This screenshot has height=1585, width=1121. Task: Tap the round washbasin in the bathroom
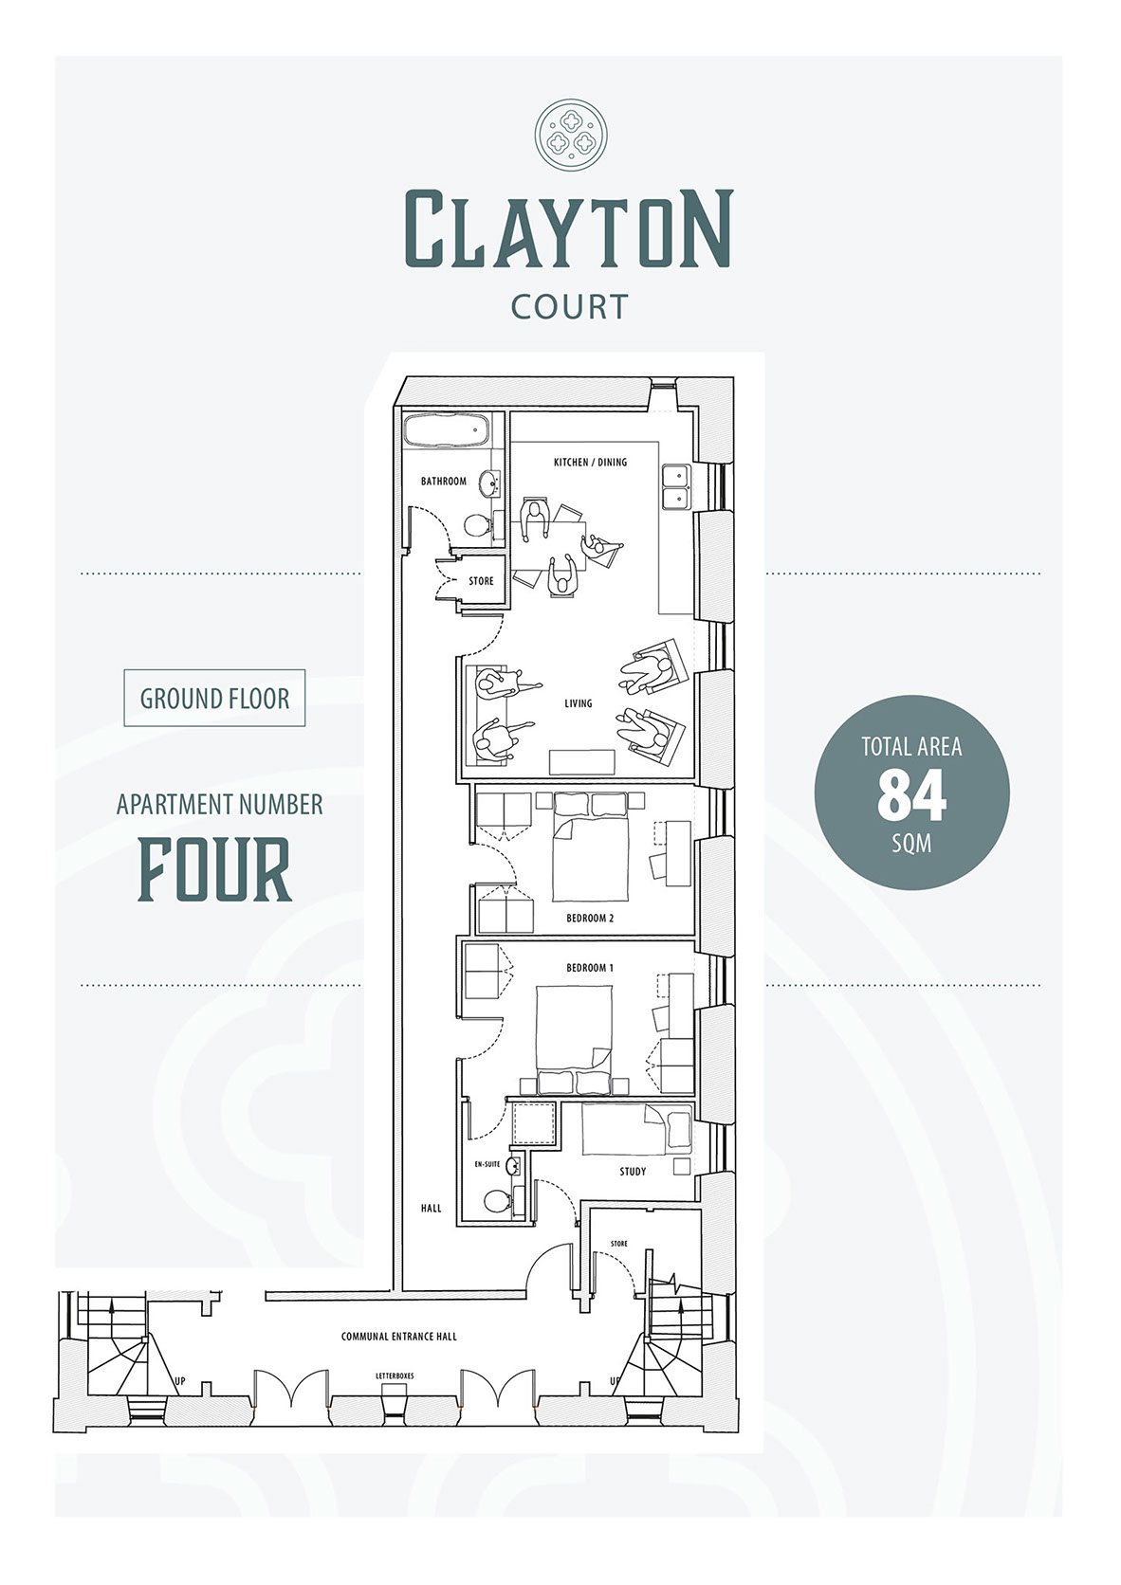[x=489, y=485]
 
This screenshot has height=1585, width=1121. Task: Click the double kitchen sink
[x=677, y=487]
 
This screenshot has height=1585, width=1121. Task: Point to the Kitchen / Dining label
[x=590, y=462]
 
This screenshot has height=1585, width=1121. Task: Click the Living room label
[x=579, y=703]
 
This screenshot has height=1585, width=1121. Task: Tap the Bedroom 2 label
[x=590, y=919]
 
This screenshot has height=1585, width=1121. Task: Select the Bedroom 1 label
[x=590, y=968]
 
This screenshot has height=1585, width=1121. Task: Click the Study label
[x=633, y=1172]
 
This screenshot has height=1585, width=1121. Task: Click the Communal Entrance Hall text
[x=399, y=1337]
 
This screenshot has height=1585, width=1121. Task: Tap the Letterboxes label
[x=395, y=1376]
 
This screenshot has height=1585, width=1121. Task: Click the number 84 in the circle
[x=911, y=795]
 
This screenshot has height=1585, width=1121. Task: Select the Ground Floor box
[x=214, y=698]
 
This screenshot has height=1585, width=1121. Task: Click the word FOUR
[x=214, y=869]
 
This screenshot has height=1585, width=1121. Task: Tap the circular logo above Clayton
[x=571, y=134]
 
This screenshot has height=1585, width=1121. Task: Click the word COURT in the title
[x=570, y=306]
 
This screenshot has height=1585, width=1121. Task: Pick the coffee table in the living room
[x=582, y=762]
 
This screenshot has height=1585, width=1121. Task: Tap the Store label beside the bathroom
[x=481, y=581]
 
